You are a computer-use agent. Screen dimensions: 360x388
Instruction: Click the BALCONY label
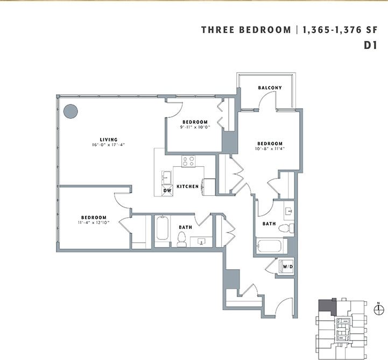coord(270,88)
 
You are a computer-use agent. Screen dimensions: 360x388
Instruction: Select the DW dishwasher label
coord(167,190)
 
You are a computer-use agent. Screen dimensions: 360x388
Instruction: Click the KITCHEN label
coord(188,186)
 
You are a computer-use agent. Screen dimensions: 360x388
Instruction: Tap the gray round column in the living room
coord(70,111)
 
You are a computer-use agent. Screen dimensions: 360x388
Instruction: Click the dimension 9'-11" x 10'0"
coord(194,128)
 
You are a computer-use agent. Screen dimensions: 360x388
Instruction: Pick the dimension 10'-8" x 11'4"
coord(270,149)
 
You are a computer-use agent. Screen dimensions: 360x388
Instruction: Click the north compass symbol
coord(379,308)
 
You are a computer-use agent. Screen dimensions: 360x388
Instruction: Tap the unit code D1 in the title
coord(369,46)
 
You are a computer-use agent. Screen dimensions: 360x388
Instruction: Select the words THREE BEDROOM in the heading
coord(245,30)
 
